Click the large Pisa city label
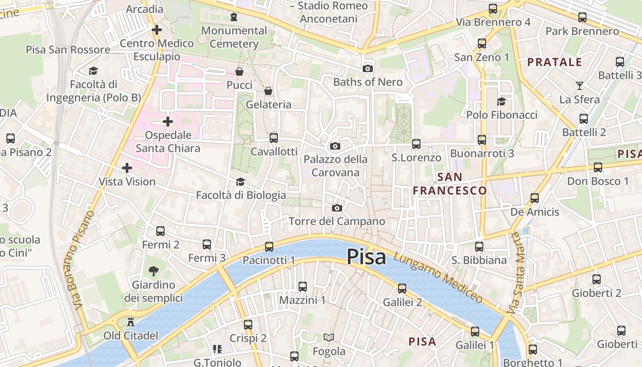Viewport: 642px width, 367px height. (366, 257)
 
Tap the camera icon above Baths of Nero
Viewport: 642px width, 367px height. (367, 69)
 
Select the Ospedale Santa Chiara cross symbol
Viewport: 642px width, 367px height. (168, 122)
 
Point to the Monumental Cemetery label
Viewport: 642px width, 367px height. (234, 37)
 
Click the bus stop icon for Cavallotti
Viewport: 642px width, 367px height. (274, 138)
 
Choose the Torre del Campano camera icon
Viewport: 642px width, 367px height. (337, 208)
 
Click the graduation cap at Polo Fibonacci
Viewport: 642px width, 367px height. (501, 101)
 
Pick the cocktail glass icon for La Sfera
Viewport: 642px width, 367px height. (580, 86)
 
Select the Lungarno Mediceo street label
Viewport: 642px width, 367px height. (438, 278)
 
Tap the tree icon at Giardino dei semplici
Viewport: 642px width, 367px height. (154, 271)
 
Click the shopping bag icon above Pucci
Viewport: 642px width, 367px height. (239, 72)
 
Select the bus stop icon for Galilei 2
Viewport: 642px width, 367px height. (402, 288)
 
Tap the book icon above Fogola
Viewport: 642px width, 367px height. (328, 338)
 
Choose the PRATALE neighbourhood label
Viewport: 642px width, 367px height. (554, 62)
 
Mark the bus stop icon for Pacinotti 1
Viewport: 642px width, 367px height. (269, 247)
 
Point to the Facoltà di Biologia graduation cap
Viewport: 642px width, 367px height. (240, 182)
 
